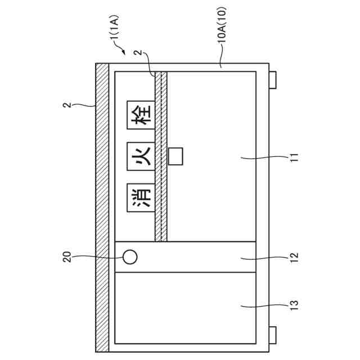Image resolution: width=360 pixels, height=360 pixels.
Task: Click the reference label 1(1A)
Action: tap(114, 28)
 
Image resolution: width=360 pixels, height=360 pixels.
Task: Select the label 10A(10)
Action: tap(222, 25)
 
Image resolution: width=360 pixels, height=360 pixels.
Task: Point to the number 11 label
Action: tap(294, 157)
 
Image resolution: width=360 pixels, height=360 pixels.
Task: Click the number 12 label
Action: tap(294, 258)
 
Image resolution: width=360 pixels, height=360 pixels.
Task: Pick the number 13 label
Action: tap(294, 305)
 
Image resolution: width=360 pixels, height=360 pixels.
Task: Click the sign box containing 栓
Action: tap(141, 115)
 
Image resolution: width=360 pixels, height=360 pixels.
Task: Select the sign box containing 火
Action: tap(141, 156)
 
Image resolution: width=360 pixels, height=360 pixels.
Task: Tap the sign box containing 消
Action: tap(141, 197)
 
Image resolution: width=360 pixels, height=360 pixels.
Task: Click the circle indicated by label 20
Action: tap(130, 257)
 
